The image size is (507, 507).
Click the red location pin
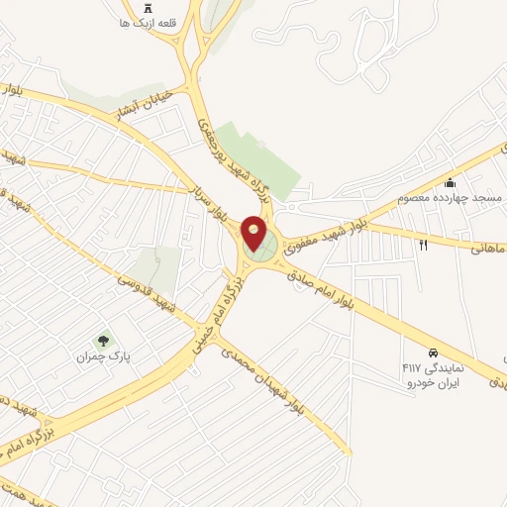coord(254,233)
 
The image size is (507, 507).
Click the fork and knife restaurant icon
coord(423,244)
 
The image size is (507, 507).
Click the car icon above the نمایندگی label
coord(433,353)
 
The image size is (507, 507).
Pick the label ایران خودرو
coord(433,382)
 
